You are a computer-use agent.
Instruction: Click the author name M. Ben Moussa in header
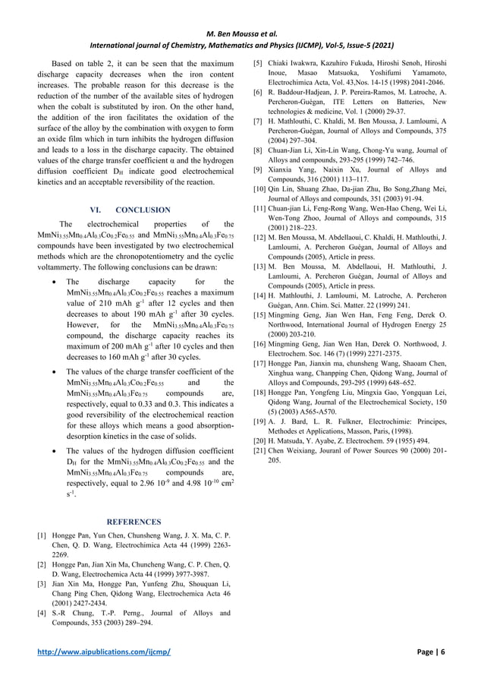(241, 12)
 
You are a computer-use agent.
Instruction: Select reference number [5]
(259, 62)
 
